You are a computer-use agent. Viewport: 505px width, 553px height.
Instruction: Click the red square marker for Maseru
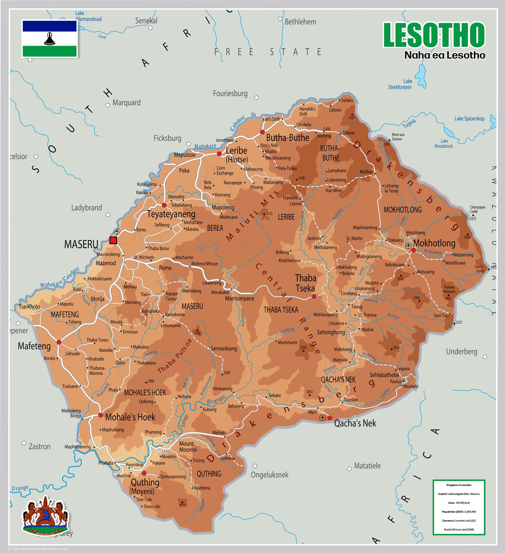(113, 240)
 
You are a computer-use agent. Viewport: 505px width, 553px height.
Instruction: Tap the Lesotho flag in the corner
(50, 38)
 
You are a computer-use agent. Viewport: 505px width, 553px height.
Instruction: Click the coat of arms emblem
(45, 516)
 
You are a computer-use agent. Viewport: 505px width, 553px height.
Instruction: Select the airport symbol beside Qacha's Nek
(322, 418)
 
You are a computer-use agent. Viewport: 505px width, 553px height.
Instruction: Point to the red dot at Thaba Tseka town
(314, 296)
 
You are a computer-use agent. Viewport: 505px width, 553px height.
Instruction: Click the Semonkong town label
(224, 349)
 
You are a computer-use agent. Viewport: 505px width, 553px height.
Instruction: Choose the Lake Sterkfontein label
(400, 84)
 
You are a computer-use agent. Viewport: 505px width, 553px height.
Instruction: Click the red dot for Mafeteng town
(59, 342)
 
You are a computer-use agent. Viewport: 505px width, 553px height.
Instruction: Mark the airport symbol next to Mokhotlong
(408, 245)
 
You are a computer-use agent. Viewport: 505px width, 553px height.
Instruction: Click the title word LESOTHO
(434, 35)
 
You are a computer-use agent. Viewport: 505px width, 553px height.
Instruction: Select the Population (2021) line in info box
(459, 512)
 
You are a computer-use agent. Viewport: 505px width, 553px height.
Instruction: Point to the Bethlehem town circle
(280, 19)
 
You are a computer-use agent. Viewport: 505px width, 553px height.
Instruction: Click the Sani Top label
(441, 315)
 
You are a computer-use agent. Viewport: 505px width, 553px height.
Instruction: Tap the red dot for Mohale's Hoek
(100, 415)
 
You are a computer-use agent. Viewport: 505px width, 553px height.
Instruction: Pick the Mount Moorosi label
(188, 447)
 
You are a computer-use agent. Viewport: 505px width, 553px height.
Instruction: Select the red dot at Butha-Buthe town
(262, 132)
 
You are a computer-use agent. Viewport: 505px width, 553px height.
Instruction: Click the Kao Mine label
(334, 190)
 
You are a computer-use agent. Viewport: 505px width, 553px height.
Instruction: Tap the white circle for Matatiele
(349, 469)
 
